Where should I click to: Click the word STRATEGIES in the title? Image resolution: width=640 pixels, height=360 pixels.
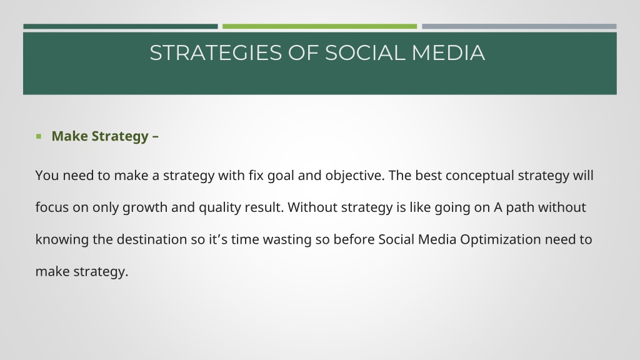(x=216, y=53)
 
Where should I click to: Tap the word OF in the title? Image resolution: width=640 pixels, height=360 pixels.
(x=303, y=53)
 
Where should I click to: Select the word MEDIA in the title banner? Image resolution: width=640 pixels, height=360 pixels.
(x=448, y=53)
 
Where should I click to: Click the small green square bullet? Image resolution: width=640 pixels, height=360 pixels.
(x=39, y=136)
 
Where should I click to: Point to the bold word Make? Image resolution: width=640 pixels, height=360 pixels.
(x=69, y=136)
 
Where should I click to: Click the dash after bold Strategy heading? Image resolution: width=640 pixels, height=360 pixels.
(x=156, y=136)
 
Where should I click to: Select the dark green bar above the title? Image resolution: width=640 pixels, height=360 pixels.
(x=121, y=26)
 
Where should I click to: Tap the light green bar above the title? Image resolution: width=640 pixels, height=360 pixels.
(x=319, y=26)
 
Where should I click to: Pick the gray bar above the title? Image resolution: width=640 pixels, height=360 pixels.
(x=519, y=26)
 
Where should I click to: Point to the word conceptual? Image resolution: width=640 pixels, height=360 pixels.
(x=479, y=176)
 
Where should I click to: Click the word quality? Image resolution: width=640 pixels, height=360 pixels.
(x=219, y=207)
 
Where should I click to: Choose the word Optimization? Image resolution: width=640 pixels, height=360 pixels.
(x=501, y=239)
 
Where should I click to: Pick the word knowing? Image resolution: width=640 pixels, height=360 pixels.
(x=62, y=239)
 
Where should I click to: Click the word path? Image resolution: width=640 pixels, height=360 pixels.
(x=520, y=207)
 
